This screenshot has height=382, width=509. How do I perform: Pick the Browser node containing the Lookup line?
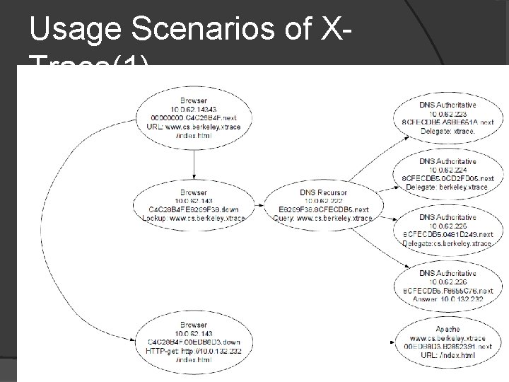click(x=194, y=204)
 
